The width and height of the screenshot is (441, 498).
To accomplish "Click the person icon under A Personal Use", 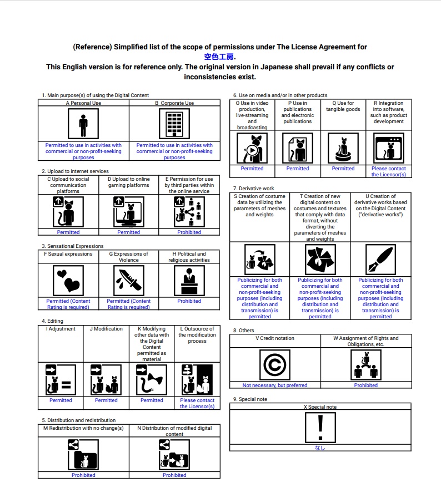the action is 83,124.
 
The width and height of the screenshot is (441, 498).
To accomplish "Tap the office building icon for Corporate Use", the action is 174,124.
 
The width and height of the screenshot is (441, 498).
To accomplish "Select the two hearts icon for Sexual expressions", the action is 68,281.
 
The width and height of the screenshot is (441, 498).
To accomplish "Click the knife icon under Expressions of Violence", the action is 128,281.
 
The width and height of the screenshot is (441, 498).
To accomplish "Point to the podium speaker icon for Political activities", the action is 189,281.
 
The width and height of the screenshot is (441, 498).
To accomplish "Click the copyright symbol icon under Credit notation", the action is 275,365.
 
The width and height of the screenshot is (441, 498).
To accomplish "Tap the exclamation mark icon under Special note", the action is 320,428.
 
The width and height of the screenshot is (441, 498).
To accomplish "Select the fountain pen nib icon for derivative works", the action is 380,260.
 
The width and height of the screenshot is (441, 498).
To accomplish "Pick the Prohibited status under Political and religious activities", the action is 189,301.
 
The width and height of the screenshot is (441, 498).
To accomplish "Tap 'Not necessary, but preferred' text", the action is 275,385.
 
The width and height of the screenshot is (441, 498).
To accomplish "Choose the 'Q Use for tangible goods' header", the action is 343,106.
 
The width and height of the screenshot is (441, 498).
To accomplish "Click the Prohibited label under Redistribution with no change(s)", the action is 83,475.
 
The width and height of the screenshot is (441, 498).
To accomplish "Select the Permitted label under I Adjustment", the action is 61,400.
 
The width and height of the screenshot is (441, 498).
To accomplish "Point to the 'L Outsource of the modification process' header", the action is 197,335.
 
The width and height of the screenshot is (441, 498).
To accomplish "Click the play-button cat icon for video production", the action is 252,148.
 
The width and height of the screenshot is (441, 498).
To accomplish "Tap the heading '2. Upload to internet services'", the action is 75,171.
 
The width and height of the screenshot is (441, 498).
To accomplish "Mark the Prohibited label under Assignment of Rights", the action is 366,385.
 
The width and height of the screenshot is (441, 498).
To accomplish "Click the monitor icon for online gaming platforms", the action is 128,212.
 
